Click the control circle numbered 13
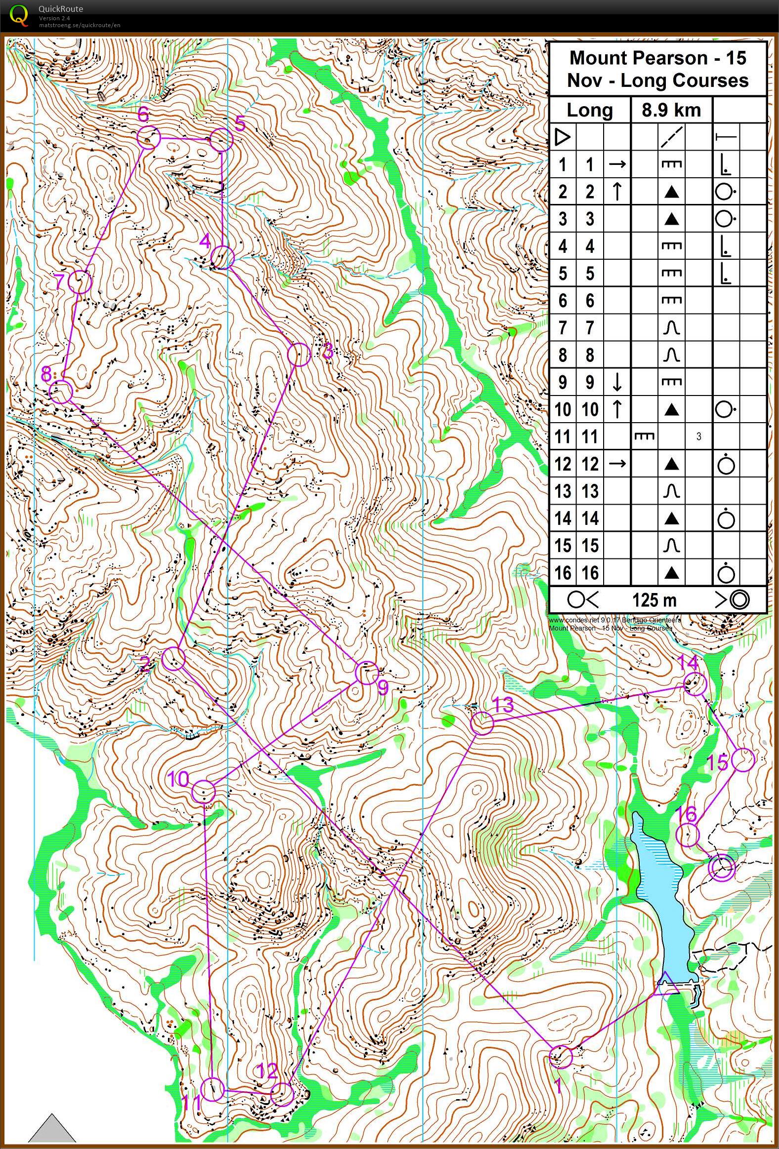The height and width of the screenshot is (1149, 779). pos(481,723)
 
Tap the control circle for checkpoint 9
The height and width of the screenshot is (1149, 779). pos(367,673)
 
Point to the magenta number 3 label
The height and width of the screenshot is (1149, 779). pos(328,352)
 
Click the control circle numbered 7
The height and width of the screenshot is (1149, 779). pos(80,282)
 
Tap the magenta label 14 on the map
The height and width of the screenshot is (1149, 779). pos(687,662)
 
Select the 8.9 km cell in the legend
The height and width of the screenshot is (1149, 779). pos(671,110)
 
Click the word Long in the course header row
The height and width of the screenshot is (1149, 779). pos(590,110)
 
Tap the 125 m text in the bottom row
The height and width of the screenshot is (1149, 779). pos(654,600)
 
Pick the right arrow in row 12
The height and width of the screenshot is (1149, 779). pos(617,464)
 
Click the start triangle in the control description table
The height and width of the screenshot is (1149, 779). pos(562,137)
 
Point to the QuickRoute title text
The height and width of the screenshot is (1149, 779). pos(60,8)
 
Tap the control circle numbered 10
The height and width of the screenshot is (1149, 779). pos(204,791)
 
